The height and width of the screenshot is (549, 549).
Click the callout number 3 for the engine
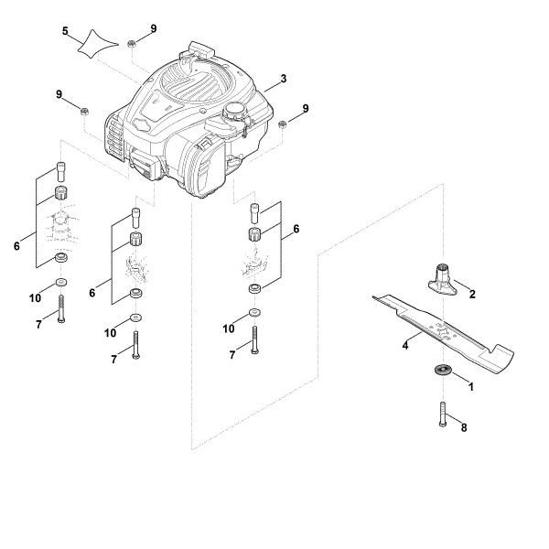284,79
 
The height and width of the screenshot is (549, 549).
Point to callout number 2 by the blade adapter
472,295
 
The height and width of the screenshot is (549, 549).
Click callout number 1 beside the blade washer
472,387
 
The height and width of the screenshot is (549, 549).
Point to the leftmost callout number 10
35,298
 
